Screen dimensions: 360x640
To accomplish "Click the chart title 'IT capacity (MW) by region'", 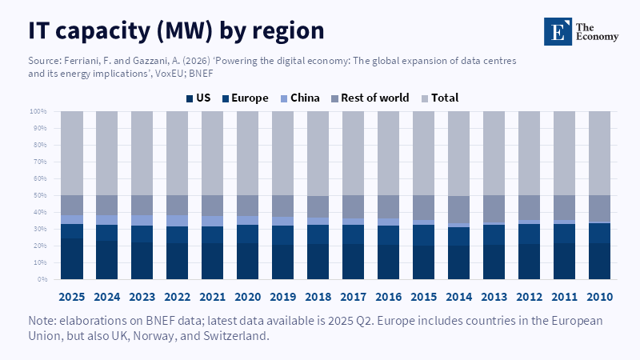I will point(176,30).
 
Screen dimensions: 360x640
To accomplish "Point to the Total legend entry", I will point(439,98).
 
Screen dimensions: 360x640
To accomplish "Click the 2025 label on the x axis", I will point(72,296).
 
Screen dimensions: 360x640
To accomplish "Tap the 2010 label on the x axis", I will point(599,296).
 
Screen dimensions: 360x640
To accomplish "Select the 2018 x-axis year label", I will point(318,296).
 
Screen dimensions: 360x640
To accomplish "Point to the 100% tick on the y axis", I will point(38,111).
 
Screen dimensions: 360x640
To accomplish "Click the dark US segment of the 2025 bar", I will point(72,258).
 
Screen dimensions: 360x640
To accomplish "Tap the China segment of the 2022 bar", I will point(178,221).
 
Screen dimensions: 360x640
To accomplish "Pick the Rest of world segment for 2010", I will point(599,209).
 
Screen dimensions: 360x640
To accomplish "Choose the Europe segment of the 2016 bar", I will point(388,235).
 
